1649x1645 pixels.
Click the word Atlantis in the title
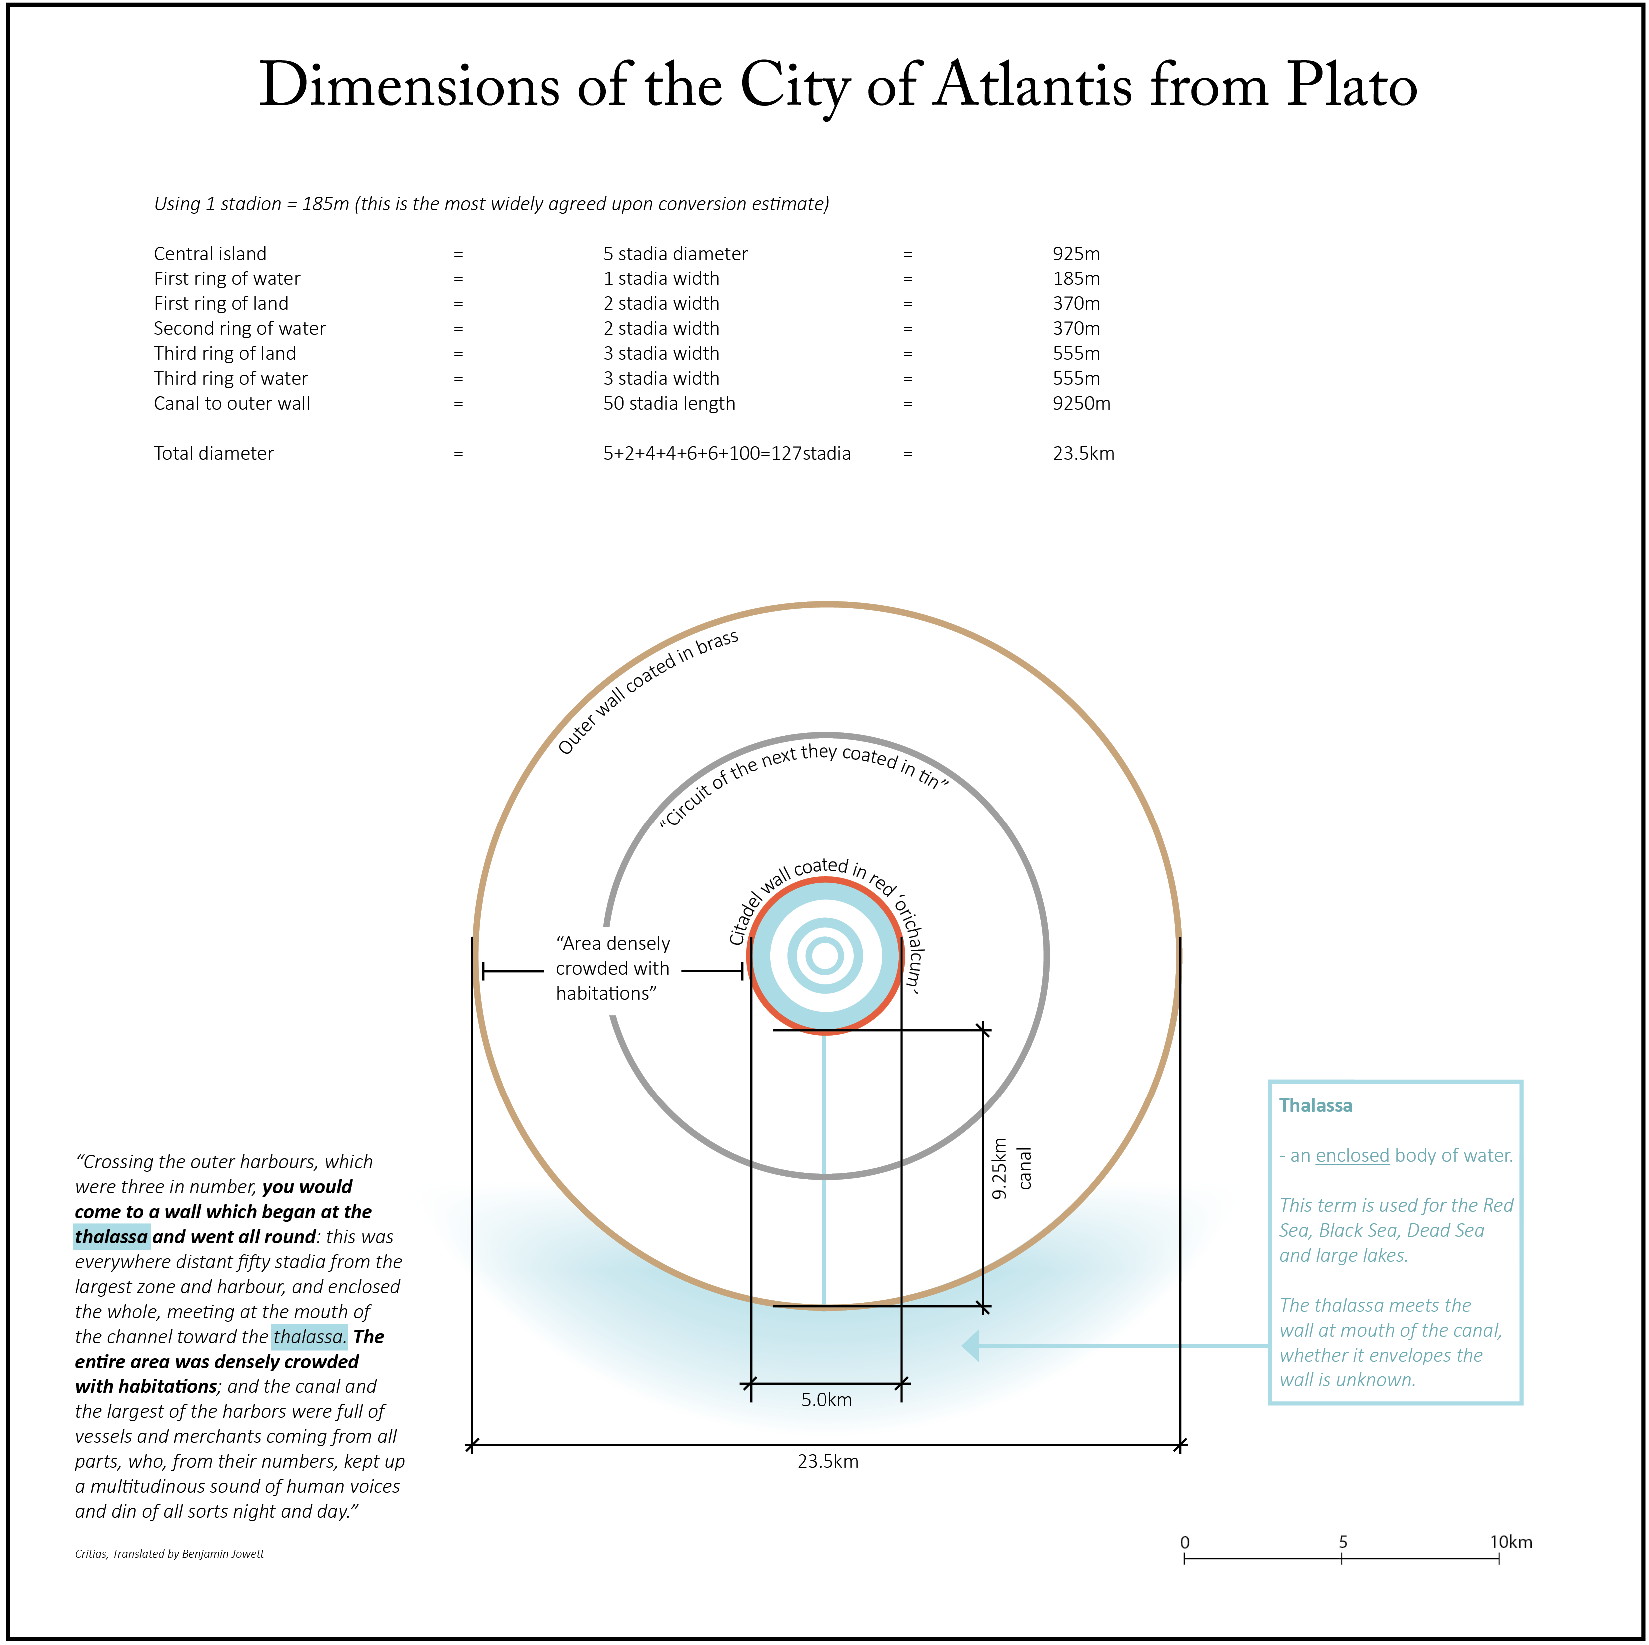click(x=1034, y=87)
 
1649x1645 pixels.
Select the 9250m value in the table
click(x=1081, y=404)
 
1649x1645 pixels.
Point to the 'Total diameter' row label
click(x=213, y=453)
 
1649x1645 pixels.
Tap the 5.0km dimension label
click(x=825, y=1400)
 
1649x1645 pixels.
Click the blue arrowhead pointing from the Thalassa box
click(x=970, y=1346)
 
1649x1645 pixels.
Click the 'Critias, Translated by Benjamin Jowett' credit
click(x=169, y=1554)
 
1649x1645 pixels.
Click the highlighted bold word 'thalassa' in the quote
click(x=111, y=1237)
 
